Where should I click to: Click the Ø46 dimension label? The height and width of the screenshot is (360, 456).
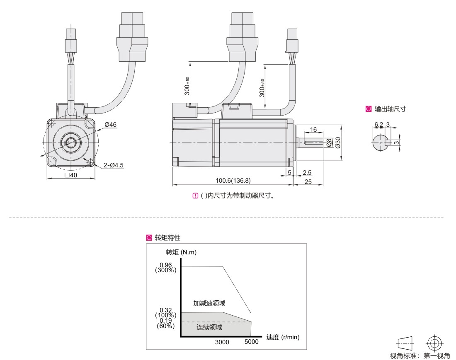pos(110,124)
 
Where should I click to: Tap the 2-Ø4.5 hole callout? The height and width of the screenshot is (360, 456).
pos(113,165)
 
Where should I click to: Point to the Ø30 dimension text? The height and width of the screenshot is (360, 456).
pos(337,142)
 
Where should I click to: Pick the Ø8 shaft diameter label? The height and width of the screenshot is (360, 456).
pos(328,142)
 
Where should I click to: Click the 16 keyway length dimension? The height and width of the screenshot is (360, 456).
pos(313,130)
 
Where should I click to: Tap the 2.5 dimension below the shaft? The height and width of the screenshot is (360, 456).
pos(307,172)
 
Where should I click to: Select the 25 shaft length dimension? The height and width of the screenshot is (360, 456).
pos(308,181)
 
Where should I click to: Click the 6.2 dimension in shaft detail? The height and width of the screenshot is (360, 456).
pos(378,124)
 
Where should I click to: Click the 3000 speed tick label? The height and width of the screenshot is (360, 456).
pos(222,342)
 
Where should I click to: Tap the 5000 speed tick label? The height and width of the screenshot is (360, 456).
pos(251,342)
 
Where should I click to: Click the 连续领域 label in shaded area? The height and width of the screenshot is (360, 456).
pos(209,327)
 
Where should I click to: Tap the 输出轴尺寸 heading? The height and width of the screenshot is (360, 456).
pos(390,109)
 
